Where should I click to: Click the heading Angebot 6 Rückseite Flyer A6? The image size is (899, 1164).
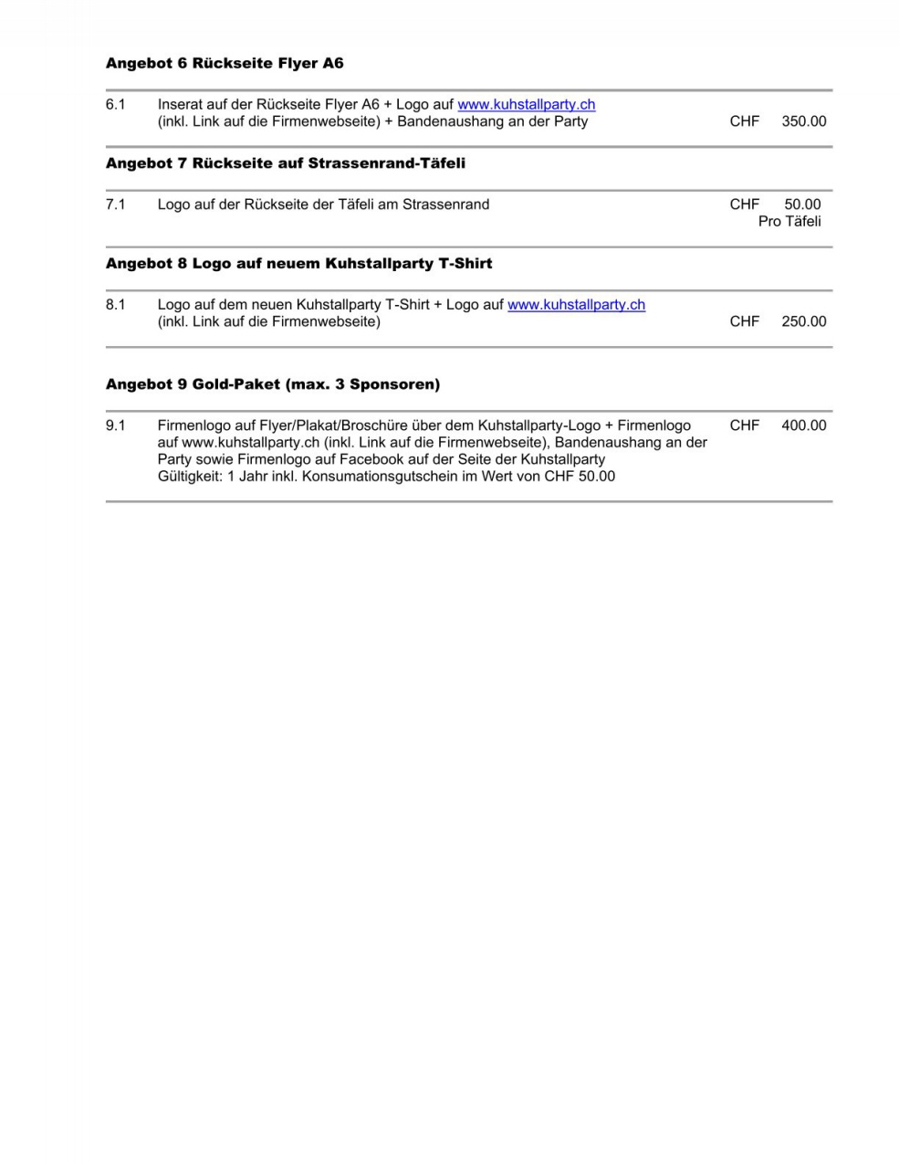pos(225,63)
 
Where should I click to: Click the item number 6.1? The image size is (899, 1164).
pos(115,104)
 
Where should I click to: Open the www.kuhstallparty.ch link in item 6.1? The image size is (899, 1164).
pos(526,104)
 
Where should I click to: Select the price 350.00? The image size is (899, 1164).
pos(803,121)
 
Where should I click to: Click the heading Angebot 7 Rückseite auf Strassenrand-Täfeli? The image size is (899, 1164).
pos(285,163)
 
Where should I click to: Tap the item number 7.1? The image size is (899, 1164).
pos(115,204)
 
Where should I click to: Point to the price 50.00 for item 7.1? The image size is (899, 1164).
pos(802,204)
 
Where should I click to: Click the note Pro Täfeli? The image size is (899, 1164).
pos(789,221)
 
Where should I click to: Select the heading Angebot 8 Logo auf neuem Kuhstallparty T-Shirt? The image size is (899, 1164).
pos(298,264)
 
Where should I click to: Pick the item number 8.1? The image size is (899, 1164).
pos(115,305)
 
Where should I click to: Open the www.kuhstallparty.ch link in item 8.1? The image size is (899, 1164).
pos(576,305)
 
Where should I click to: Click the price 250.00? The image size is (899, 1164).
pos(803,321)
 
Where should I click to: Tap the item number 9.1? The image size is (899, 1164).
pos(115,425)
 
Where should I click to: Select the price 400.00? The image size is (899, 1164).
pos(803,425)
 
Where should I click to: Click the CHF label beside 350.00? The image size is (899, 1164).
pos(744,121)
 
